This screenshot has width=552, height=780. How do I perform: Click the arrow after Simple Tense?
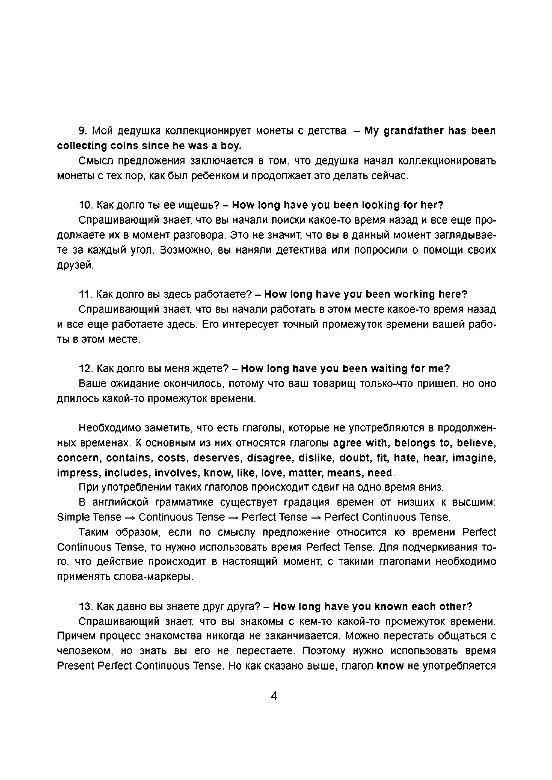tap(130, 517)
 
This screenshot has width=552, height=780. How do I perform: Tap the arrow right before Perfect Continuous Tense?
tap(316, 517)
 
